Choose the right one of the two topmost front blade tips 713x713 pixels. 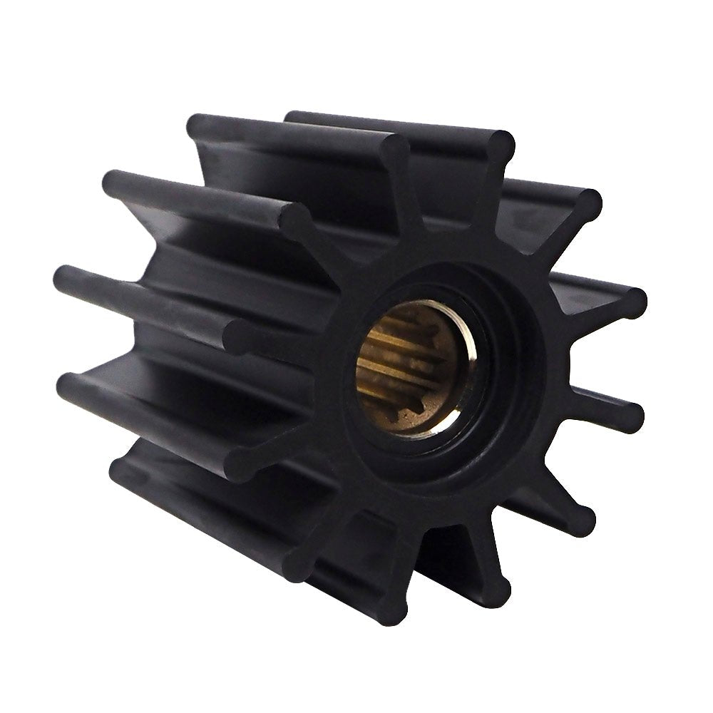coord(502,143)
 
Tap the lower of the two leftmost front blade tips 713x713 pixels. coord(242,463)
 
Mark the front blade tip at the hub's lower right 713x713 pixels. coord(581,521)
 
